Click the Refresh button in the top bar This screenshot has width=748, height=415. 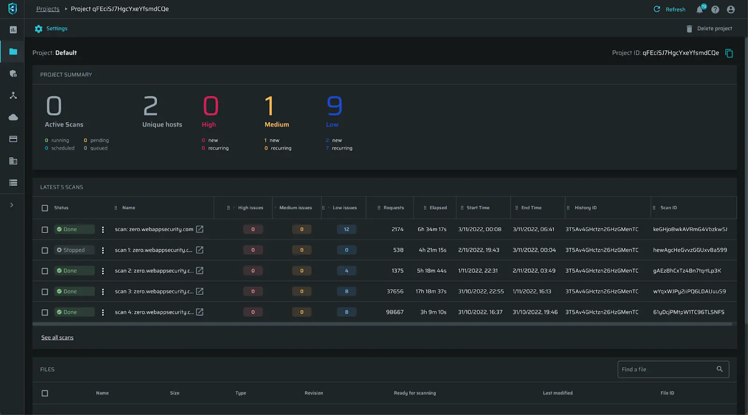click(669, 9)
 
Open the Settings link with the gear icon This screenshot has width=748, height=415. click(51, 29)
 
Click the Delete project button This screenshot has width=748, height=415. click(709, 29)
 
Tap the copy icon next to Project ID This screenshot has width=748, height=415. click(729, 53)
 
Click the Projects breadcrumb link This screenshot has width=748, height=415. click(48, 9)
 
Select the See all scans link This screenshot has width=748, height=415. click(57, 337)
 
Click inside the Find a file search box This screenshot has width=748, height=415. click(666, 369)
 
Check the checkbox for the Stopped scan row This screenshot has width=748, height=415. click(45, 250)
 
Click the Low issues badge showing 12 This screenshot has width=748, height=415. click(346, 229)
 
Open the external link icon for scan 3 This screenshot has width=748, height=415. click(200, 291)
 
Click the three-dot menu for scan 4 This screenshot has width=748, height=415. click(103, 312)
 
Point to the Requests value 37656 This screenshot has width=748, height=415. click(395, 291)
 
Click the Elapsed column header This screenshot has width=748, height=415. click(438, 208)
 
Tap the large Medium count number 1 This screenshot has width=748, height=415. click(269, 106)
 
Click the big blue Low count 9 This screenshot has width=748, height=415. click(334, 106)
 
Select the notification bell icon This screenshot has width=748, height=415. click(700, 9)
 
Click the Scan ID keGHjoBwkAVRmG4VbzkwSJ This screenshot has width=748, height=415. click(690, 229)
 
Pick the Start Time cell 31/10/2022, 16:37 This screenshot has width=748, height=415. click(480, 312)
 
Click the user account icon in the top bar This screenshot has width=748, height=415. click(731, 9)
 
